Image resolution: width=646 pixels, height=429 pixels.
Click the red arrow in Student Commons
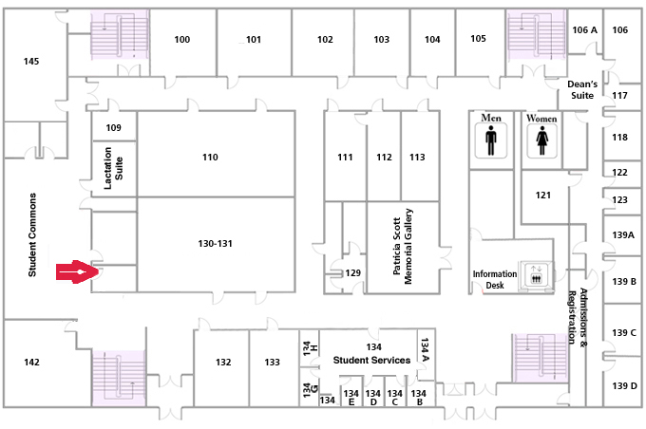coord(77,271)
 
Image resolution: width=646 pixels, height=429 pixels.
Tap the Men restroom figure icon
coord(491,140)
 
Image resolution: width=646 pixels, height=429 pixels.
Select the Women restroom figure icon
coord(542,140)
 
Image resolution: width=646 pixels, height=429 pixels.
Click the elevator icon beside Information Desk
coord(536,275)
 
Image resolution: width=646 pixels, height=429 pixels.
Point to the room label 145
coord(31,62)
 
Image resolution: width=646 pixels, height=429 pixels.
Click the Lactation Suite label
coord(113,168)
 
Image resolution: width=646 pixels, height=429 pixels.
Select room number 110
coord(210,157)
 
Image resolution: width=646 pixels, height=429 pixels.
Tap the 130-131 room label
coord(215,243)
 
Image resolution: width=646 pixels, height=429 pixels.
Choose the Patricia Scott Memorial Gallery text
coord(403,246)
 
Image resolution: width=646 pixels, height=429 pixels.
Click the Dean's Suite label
coord(582,90)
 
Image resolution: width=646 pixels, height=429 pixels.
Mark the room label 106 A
coord(584,29)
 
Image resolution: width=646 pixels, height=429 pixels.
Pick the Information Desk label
coord(494,280)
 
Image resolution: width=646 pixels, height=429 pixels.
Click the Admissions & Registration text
coord(578,316)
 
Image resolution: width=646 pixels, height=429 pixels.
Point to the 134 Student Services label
coord(371,354)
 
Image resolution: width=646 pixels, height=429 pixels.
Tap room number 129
coord(353,272)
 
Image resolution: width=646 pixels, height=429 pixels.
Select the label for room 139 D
coord(624,385)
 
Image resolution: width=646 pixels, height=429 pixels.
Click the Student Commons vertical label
coord(32,234)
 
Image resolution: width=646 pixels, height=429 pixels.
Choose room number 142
coord(31,362)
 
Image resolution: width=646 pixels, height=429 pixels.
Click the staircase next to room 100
coord(120,34)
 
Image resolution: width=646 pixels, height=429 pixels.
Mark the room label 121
coord(543,196)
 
